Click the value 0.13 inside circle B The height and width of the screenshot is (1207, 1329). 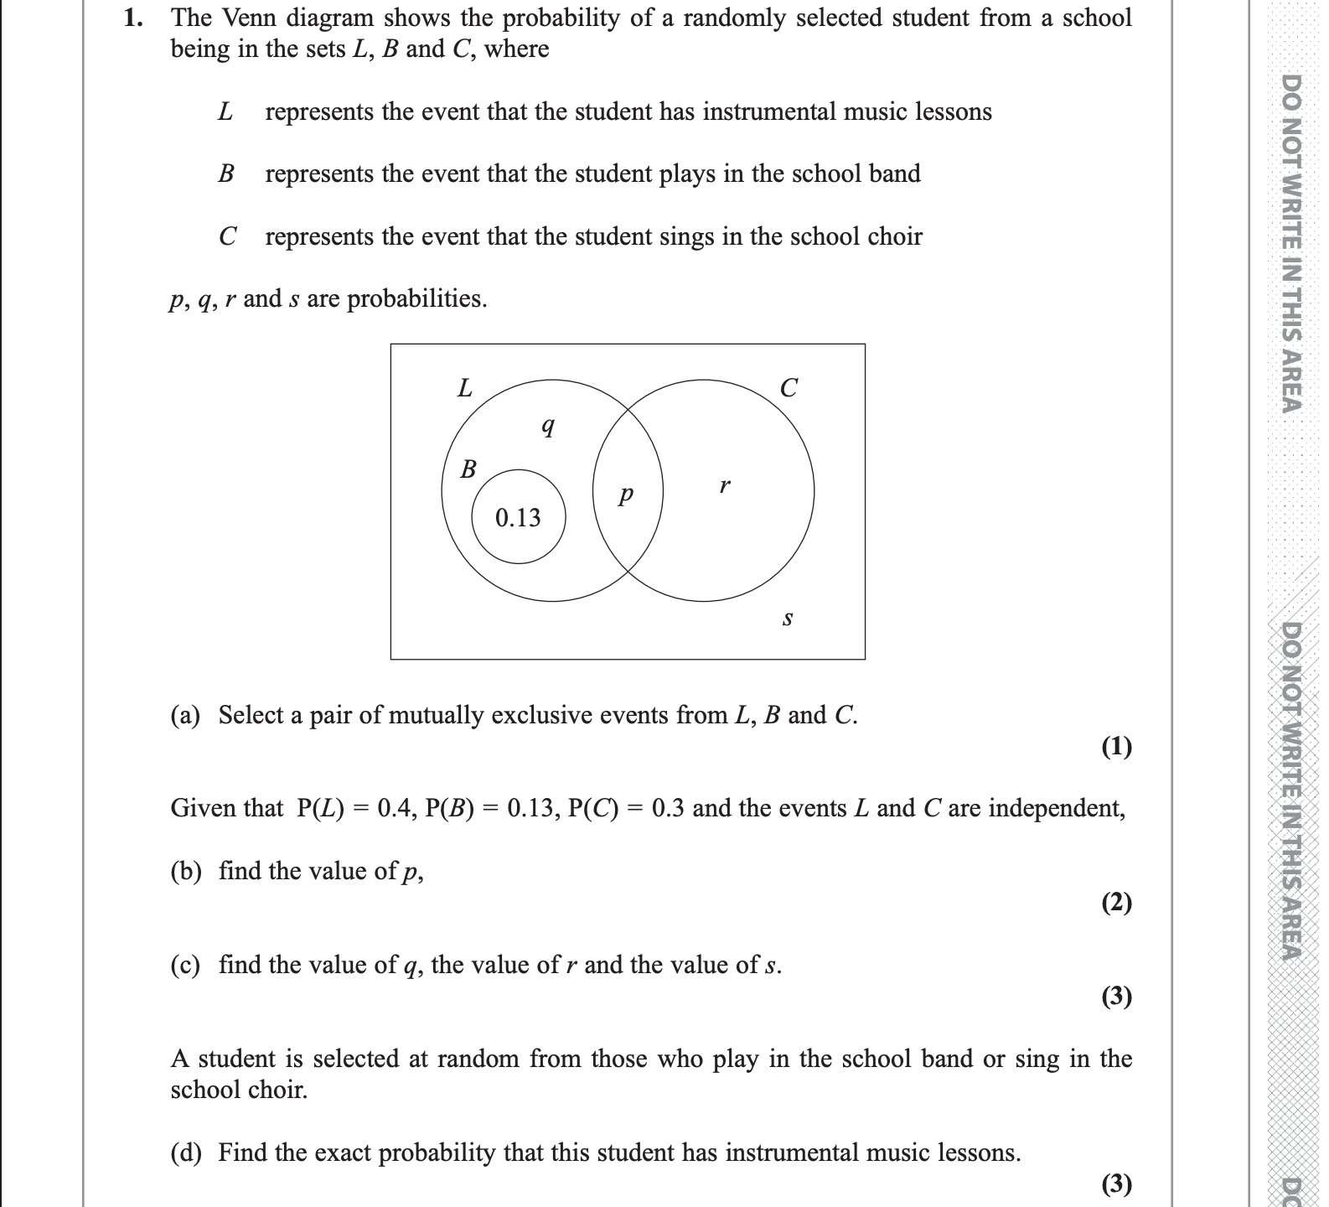[518, 518]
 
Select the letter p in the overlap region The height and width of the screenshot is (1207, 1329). [624, 495]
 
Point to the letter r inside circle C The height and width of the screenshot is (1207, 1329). [725, 484]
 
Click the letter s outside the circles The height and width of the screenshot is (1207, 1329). [787, 619]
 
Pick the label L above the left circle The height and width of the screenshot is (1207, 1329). [464, 388]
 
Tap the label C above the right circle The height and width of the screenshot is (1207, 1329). [789, 388]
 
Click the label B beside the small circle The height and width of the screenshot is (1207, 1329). [468, 469]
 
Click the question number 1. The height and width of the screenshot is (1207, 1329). [132, 18]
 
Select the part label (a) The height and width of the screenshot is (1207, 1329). [185, 715]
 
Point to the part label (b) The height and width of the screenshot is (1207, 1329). [186, 872]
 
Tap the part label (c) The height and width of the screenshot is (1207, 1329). [185, 966]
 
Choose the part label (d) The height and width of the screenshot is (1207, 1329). [186, 1153]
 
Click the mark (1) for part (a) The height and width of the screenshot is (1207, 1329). [1116, 746]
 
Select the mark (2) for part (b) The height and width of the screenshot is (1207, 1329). [1116, 903]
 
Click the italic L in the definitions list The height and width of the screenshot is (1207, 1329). [225, 111]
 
